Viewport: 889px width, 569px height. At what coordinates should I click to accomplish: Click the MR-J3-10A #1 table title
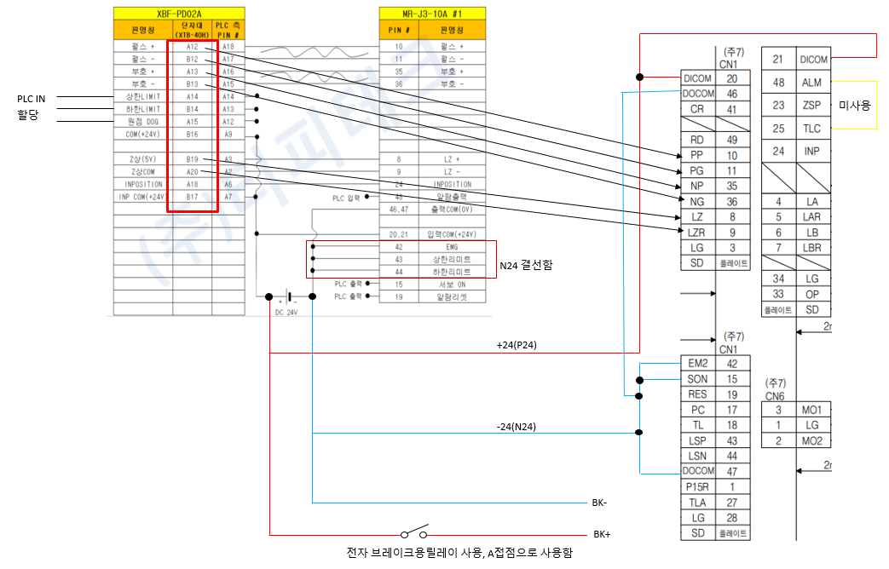pyautogui.click(x=432, y=14)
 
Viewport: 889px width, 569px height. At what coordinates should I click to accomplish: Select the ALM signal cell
pyautogui.click(x=811, y=83)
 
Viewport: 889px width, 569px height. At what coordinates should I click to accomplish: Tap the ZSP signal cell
pyautogui.click(x=811, y=106)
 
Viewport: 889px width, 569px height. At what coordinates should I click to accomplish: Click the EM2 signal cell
pyautogui.click(x=697, y=364)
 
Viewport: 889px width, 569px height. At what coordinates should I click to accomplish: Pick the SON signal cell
pyautogui.click(x=697, y=379)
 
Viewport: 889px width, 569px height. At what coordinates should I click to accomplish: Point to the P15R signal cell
pyautogui.click(x=697, y=487)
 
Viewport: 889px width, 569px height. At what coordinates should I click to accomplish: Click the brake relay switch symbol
pyautogui.click(x=415, y=533)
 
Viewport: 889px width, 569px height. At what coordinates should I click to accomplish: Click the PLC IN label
pyautogui.click(x=31, y=99)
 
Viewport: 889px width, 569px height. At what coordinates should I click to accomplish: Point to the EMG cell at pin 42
pyautogui.click(x=452, y=247)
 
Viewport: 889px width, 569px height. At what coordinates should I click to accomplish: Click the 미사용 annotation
pyautogui.click(x=855, y=105)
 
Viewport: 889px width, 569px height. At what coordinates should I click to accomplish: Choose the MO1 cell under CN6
pyautogui.click(x=811, y=410)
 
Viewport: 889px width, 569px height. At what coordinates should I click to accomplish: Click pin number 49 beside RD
pyautogui.click(x=732, y=140)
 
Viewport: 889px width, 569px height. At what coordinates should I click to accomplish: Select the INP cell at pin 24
pyautogui.click(x=811, y=152)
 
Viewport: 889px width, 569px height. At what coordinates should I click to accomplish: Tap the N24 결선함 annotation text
pyautogui.click(x=526, y=266)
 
